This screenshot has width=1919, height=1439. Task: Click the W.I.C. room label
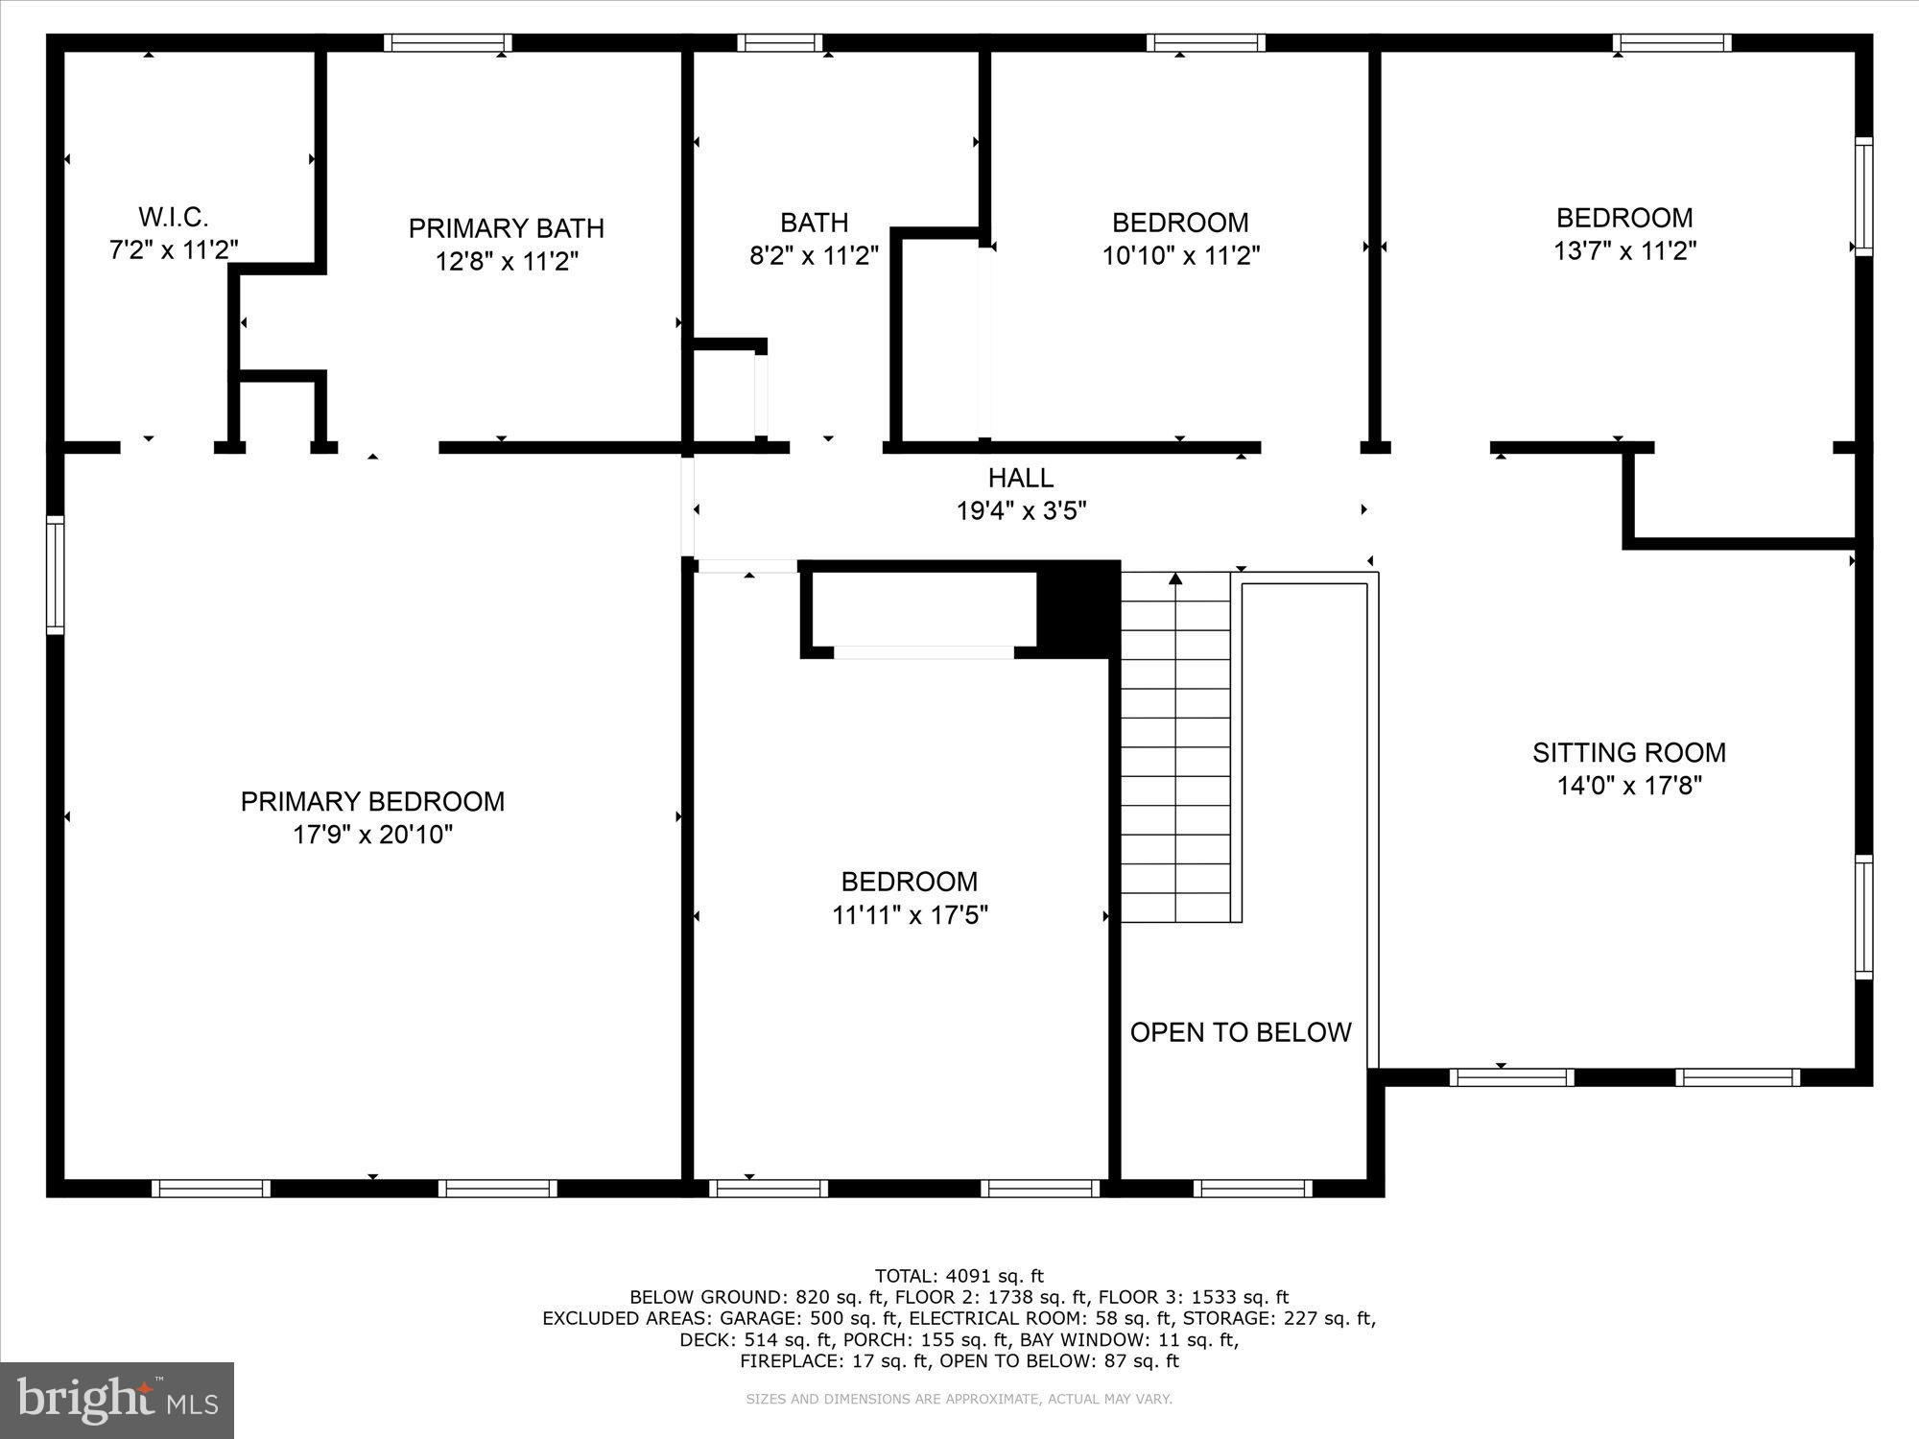coord(174,216)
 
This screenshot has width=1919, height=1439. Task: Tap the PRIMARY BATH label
coord(506,228)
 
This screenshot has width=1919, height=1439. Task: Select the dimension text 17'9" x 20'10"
coord(372,835)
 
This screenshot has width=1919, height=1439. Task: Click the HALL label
coord(1021,477)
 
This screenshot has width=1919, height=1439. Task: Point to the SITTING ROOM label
coord(1628,752)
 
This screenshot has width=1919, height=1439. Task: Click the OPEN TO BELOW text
coord(1240,1032)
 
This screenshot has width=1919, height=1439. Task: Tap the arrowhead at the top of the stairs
coord(1175,578)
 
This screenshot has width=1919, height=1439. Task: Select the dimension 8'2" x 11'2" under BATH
coord(814,255)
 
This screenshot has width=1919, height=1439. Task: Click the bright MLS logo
coord(117,1400)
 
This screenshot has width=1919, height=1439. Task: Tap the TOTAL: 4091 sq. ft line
coord(959,1276)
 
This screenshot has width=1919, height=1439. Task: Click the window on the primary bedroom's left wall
coord(56,575)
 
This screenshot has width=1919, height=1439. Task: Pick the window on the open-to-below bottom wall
coord(1253,1189)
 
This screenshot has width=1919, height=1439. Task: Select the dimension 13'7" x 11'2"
coord(1624,251)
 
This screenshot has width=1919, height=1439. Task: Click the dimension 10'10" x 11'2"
coord(1180,255)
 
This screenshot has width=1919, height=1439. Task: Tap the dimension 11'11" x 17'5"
coord(910,915)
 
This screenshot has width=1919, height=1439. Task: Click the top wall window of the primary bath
coord(448,43)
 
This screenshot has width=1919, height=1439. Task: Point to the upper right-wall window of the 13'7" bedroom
coord(1862,197)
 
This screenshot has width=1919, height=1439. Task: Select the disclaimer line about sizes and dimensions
coord(959,1400)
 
